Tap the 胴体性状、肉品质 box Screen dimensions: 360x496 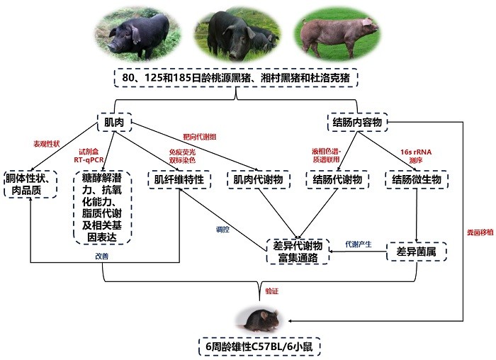coord(30,185)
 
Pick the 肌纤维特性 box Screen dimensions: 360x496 coord(179,179)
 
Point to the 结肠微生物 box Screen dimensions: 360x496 coord(417,179)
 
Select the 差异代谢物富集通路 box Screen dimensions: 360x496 coord(298,252)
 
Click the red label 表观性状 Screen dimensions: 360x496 coord(47,142)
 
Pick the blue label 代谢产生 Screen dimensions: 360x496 coord(358,243)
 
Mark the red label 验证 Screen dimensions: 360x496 coord(272,291)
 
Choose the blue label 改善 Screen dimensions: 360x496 coord(103,256)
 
